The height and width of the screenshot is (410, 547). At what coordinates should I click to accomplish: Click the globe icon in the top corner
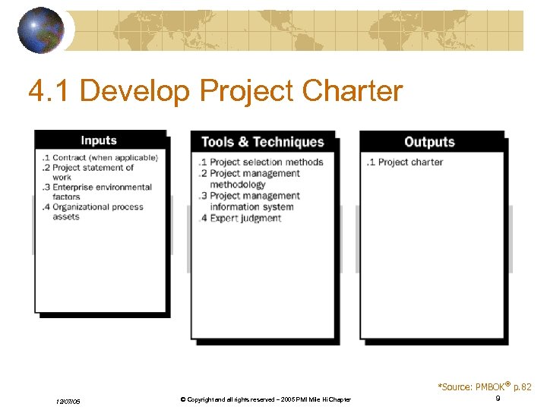point(40,30)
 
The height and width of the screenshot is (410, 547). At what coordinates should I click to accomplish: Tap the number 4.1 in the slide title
point(49,91)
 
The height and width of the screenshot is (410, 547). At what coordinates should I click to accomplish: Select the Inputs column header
point(99,140)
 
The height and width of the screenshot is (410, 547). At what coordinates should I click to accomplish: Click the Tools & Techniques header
point(262,142)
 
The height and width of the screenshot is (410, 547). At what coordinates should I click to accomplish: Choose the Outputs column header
point(430,142)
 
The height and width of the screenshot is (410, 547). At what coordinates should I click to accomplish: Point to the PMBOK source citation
point(484,387)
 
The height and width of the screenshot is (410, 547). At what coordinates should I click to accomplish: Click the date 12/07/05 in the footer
point(68,401)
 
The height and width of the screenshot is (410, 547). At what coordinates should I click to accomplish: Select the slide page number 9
point(498,399)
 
